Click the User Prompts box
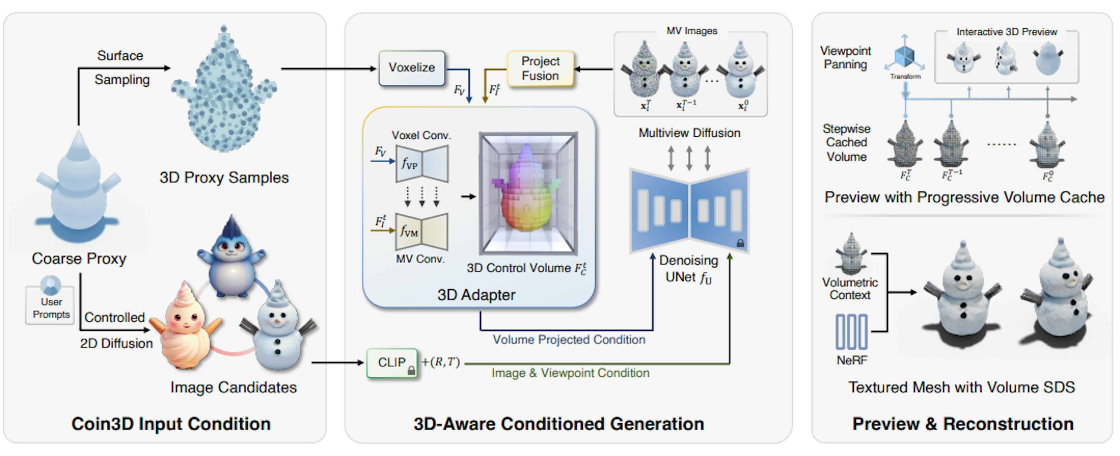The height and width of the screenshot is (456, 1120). [50, 304]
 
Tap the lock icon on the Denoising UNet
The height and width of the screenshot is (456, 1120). [740, 243]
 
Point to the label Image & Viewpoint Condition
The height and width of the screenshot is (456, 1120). [570, 373]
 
